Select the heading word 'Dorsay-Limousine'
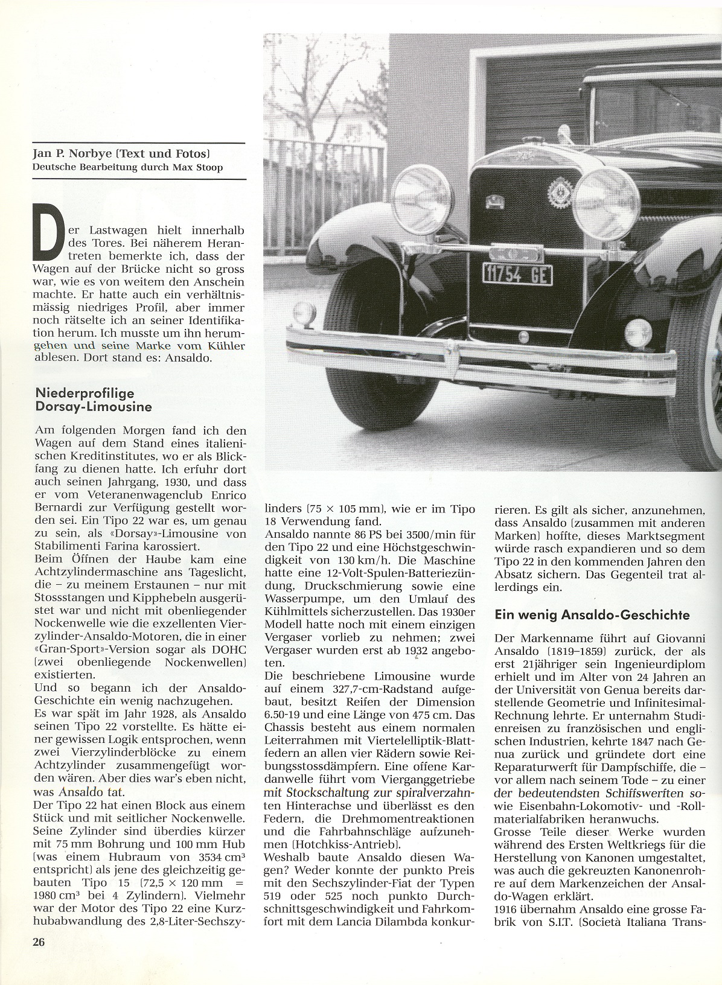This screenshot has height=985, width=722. coord(94,407)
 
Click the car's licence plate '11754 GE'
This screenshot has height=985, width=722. coord(517,275)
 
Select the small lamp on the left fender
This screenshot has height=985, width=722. coord(304,313)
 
